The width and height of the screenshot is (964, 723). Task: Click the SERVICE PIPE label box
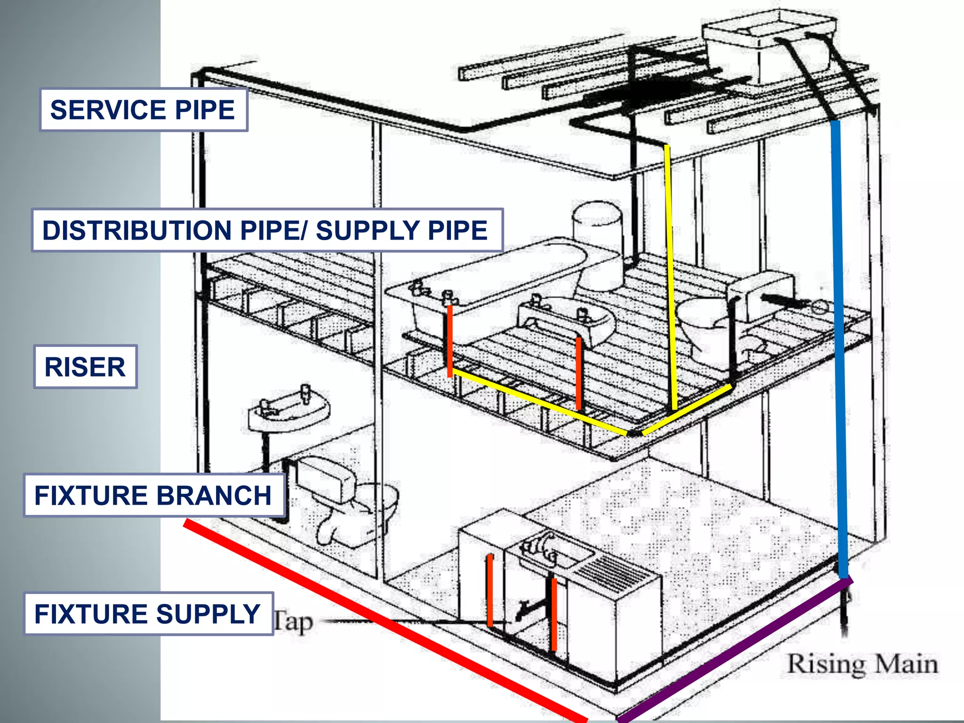[x=143, y=110]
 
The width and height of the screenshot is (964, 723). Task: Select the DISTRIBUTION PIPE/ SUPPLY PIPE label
[x=266, y=230]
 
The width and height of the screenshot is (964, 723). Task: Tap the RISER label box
[x=85, y=367]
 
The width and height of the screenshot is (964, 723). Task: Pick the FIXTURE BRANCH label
[x=153, y=496]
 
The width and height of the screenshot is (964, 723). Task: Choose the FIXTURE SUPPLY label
[x=148, y=614]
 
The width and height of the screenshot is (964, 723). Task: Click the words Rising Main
[x=862, y=664]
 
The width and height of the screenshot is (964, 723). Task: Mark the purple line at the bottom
[x=734, y=650]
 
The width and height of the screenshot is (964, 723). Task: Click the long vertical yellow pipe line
[x=671, y=278]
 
